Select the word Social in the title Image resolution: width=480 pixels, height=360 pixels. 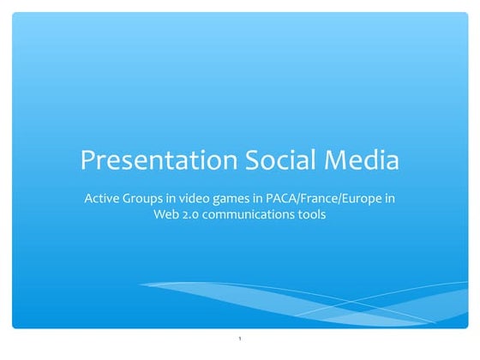tap(268, 159)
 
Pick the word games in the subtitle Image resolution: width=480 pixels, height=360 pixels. tap(232, 199)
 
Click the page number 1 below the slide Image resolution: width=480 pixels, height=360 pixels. tap(240, 341)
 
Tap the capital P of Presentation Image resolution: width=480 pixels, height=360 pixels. tap(87, 159)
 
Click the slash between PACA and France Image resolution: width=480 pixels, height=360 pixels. tap(301, 199)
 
